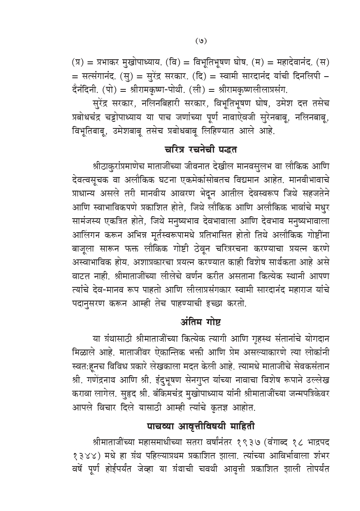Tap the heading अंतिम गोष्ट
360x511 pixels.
(200, 320)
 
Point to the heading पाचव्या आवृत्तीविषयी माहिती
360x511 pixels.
(200, 424)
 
